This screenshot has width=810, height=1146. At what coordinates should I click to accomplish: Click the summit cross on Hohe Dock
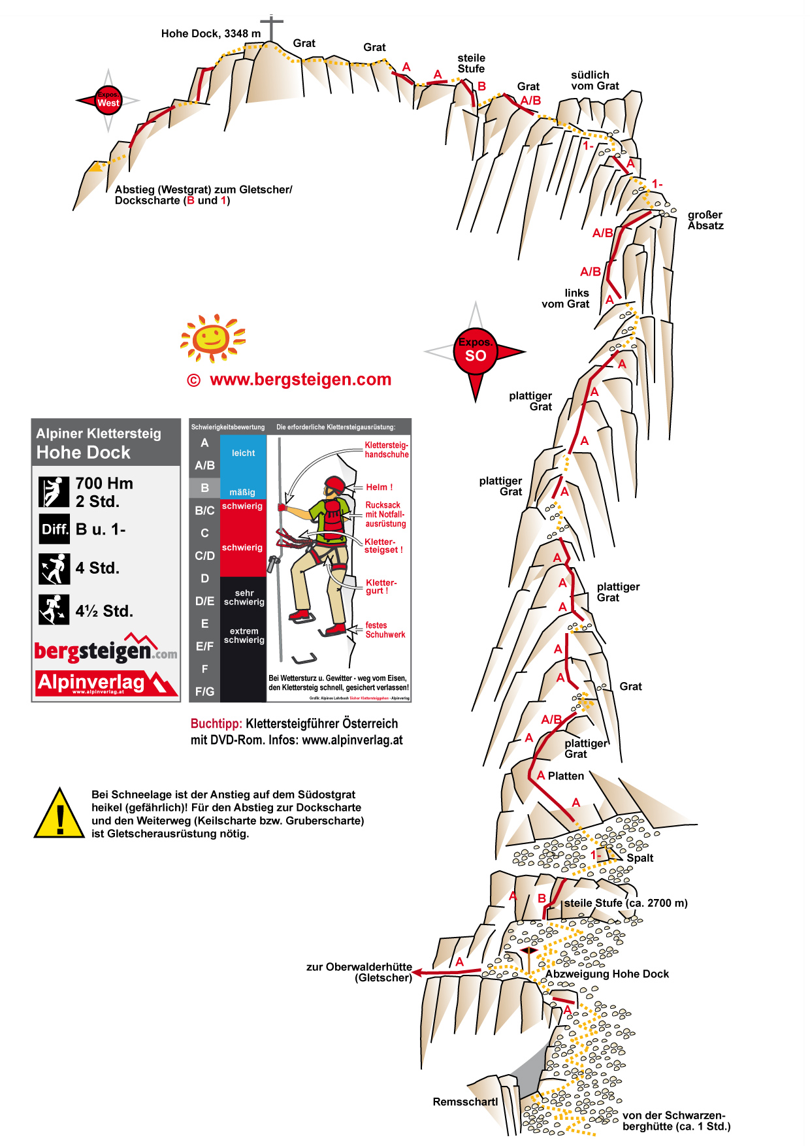271,27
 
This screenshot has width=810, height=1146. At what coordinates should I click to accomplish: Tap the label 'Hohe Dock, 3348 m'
210,33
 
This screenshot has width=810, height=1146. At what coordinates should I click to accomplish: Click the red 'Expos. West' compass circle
108,100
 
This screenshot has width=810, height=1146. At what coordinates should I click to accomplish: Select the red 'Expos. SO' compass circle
476,351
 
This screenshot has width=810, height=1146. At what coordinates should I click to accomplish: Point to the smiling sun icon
212,337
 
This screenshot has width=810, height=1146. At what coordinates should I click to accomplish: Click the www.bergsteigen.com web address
300,380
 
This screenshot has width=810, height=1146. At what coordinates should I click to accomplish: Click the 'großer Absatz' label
705,220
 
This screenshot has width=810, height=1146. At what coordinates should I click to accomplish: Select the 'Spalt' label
640,858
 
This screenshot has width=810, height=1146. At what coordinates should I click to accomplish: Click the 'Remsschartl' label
465,1102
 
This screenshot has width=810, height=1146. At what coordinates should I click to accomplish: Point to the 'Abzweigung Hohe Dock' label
607,974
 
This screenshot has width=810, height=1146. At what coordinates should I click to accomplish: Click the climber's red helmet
335,485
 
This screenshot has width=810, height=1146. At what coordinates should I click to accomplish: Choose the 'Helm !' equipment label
379,487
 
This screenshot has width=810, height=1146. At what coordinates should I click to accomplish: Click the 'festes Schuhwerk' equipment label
385,630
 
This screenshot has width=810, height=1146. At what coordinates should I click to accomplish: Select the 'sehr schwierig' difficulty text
244,597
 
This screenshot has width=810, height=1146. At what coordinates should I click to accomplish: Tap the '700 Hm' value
104,483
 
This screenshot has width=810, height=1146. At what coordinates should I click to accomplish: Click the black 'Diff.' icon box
54,529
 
